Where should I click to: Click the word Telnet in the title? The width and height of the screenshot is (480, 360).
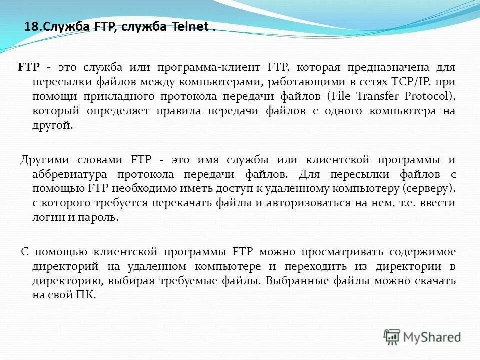tap(190, 27)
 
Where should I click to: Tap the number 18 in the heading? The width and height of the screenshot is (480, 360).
tap(30, 27)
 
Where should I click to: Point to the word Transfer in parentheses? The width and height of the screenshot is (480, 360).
tap(376, 96)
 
